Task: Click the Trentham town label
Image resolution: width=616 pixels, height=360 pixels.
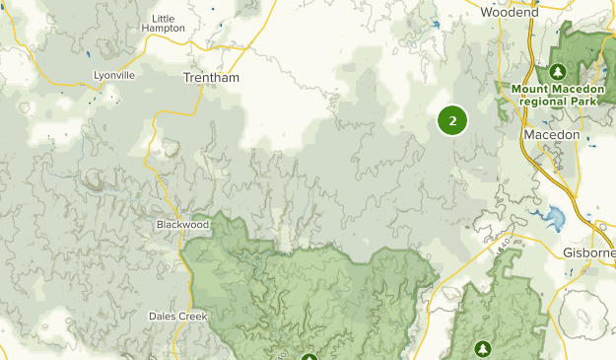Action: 211,77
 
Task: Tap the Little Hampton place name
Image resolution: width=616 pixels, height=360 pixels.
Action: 164,24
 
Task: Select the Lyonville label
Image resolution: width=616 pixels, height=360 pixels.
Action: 113,75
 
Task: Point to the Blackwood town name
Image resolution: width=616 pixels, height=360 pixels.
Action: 182,225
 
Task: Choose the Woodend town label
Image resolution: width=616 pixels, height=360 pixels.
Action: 510,13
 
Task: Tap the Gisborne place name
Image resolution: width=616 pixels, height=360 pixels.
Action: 588,252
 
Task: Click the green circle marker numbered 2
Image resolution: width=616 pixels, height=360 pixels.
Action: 452,120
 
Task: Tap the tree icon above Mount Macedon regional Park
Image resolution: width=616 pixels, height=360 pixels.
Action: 558,72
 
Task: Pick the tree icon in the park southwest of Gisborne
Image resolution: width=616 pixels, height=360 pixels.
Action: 483,348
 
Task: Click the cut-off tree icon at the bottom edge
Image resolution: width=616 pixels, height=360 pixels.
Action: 310,356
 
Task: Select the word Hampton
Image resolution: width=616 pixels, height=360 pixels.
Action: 164,29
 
